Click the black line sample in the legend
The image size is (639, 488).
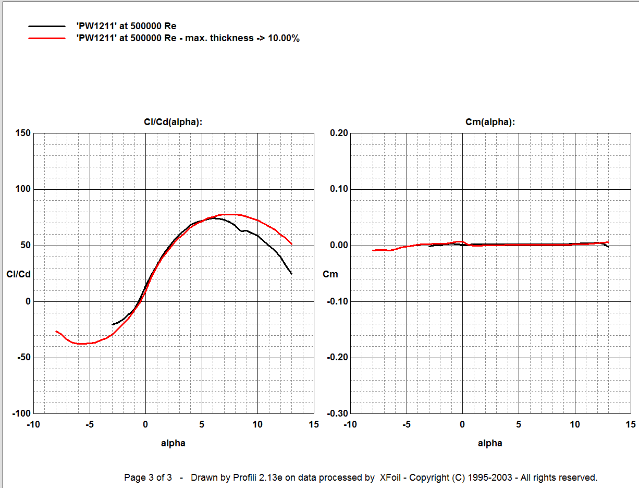point(47,26)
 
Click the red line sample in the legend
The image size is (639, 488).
point(47,38)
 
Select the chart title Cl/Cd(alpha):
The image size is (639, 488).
point(173,122)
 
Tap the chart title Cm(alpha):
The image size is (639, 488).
point(490,122)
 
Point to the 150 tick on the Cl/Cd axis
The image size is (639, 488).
point(23,133)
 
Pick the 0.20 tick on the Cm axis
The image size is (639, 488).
point(339,133)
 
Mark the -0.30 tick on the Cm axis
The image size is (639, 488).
point(338,414)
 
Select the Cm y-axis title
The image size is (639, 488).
point(330,274)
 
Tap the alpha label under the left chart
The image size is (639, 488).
point(173,443)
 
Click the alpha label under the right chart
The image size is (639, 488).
point(490,443)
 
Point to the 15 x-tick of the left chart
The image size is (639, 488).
point(314,424)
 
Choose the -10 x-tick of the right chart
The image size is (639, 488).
point(350,424)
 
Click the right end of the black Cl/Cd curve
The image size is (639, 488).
point(291,274)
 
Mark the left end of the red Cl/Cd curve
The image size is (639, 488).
point(56,331)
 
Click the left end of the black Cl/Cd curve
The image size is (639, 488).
point(113,324)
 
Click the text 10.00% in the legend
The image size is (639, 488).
point(284,38)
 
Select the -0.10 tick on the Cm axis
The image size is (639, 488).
point(338,301)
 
